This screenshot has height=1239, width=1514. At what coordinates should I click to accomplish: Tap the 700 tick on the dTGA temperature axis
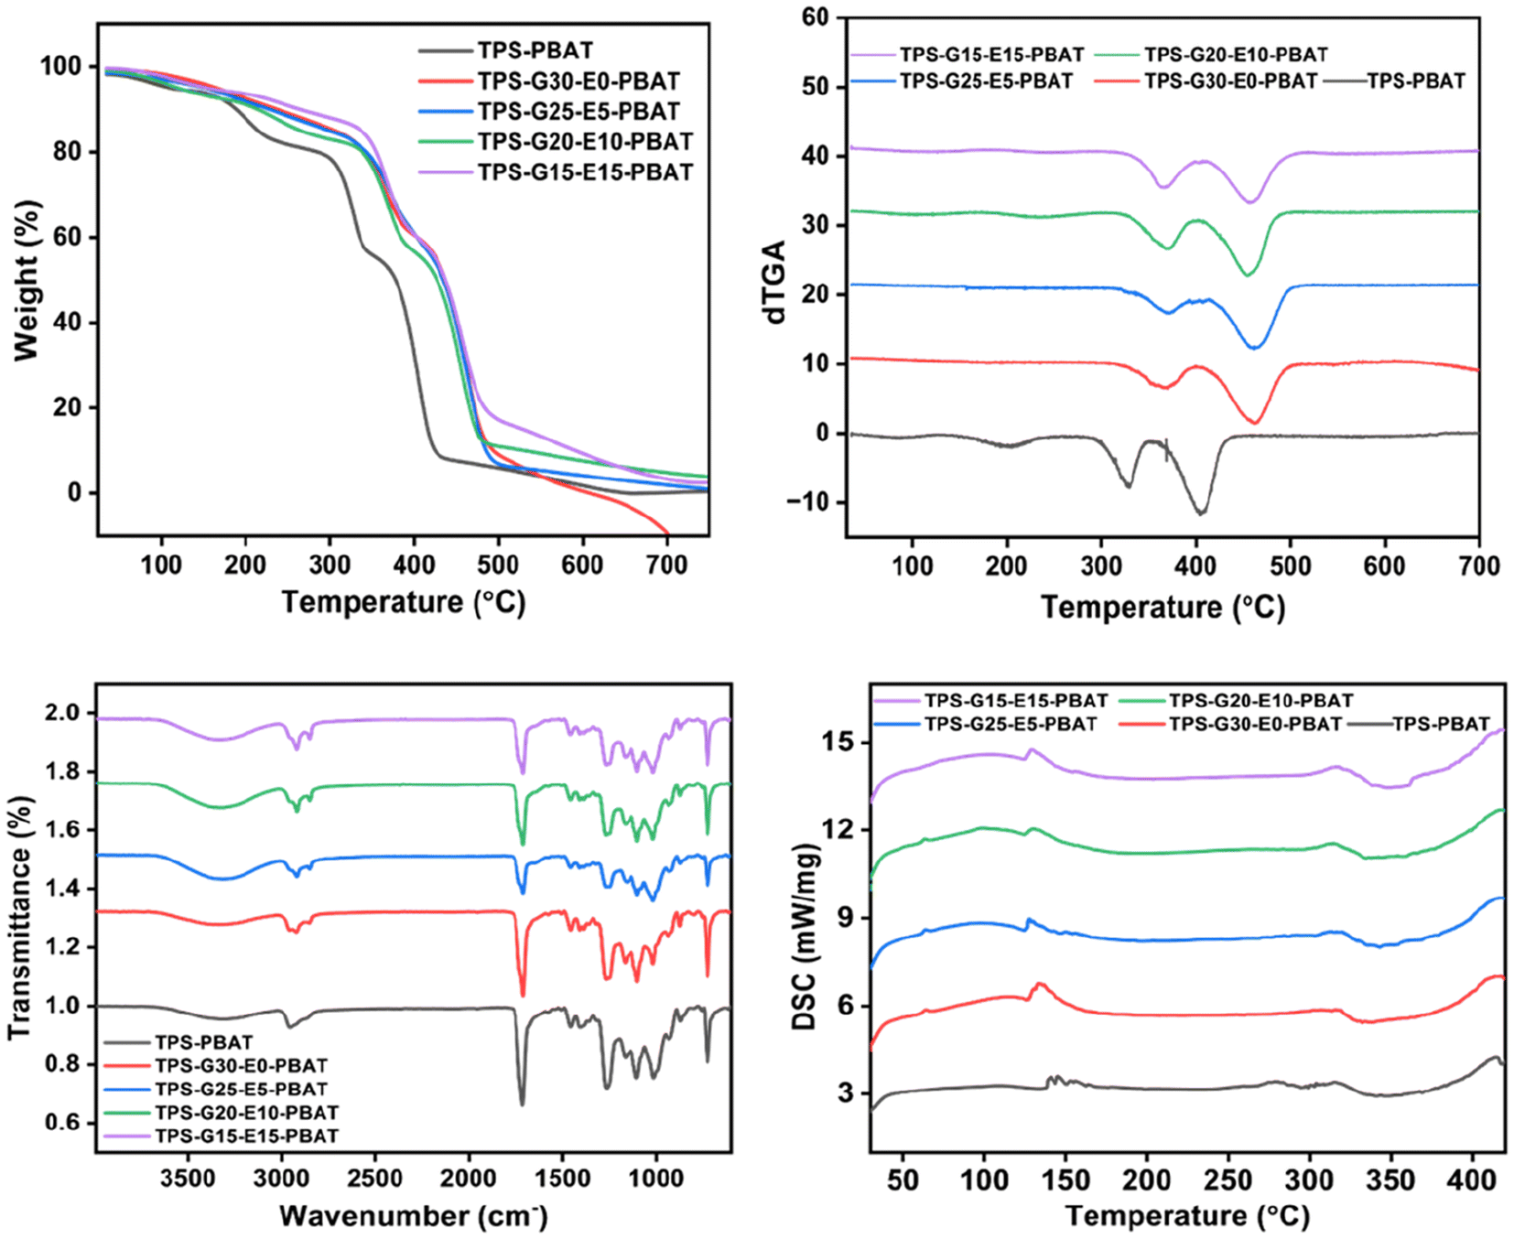point(1479,566)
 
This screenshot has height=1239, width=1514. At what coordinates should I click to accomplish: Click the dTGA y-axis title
point(774,282)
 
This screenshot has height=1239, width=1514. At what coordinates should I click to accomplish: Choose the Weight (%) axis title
point(27,280)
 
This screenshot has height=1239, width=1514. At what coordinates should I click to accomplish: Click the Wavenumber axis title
point(413,1215)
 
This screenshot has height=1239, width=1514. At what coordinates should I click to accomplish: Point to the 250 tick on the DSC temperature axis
point(1228,1180)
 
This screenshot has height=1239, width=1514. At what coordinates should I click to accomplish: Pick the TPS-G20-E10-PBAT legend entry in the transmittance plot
point(246,1113)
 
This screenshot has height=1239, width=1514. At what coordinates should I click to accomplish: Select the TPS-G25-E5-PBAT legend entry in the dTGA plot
point(985,81)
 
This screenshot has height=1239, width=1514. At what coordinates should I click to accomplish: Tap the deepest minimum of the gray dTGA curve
point(1201,512)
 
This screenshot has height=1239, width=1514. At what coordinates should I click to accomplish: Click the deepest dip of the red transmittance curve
point(523,995)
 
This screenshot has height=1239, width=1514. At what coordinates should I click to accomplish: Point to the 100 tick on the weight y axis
point(60,66)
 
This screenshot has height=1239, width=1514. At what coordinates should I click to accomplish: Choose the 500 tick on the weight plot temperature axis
point(498,565)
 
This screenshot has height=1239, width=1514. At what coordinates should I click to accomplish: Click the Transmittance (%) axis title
point(20,917)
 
